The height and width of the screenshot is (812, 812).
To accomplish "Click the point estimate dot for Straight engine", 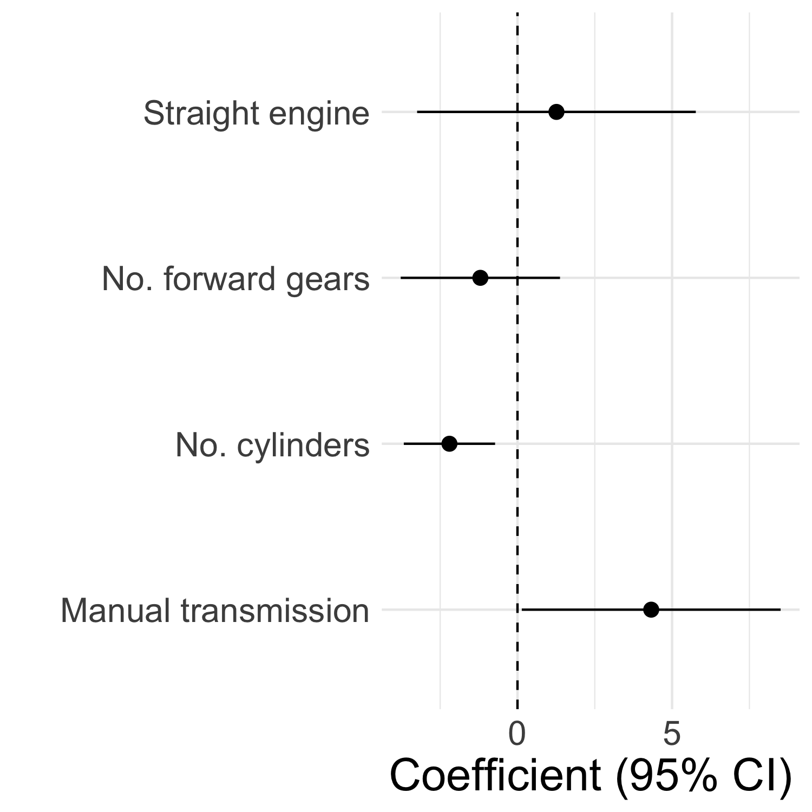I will [x=556, y=112].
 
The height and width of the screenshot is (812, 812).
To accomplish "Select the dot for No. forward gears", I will [x=480, y=278].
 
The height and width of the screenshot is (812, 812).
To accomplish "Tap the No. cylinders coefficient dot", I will [x=449, y=444].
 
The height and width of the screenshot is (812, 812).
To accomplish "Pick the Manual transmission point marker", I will [x=651, y=610].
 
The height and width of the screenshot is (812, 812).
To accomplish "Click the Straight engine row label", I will [x=256, y=114].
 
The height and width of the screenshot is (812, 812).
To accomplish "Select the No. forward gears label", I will [x=235, y=280].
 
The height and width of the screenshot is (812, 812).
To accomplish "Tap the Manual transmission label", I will [x=215, y=611].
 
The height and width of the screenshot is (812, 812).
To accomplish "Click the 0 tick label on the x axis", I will [x=518, y=734].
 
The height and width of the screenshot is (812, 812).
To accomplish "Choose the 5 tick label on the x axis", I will [x=672, y=734].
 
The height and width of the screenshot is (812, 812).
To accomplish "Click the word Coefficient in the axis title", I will [x=495, y=777].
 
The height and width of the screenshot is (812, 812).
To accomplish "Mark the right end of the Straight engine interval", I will [x=695, y=112].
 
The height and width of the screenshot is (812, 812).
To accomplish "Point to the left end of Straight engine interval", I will [x=417, y=112].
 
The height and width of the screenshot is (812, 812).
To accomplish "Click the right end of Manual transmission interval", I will [x=780, y=610].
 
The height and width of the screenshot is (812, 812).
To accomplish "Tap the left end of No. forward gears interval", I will [x=401, y=278].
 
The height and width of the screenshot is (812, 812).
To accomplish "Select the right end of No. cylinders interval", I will [x=495, y=444].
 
